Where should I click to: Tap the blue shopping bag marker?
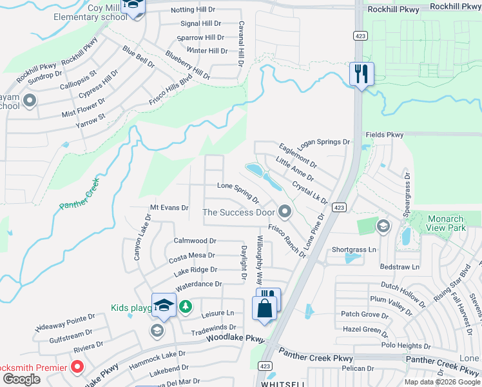264,308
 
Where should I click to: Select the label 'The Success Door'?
238,212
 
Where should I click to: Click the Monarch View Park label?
446,223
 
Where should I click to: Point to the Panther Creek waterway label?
80,193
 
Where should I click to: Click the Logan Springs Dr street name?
324,142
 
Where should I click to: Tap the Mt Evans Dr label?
169,208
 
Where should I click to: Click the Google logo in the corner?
21,379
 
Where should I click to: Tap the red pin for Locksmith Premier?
77,368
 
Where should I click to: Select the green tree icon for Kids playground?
186,306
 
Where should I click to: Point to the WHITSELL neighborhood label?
284,384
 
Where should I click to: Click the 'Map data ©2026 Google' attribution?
442,382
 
